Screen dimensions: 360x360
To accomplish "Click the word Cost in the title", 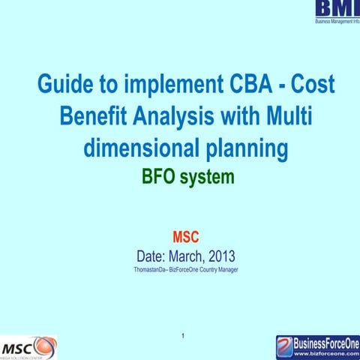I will click(x=310, y=86).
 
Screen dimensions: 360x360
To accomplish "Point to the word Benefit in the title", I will click(x=94, y=118).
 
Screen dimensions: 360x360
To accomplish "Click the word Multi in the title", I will click(x=288, y=118).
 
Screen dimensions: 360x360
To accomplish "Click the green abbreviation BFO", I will click(x=161, y=178).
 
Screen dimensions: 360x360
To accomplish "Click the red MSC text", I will click(x=185, y=238).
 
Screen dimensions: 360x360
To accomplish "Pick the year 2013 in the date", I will click(x=225, y=255).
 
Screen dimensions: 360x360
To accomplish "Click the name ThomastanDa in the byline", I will click(x=149, y=269).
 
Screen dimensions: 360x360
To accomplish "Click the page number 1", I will click(x=184, y=333).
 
